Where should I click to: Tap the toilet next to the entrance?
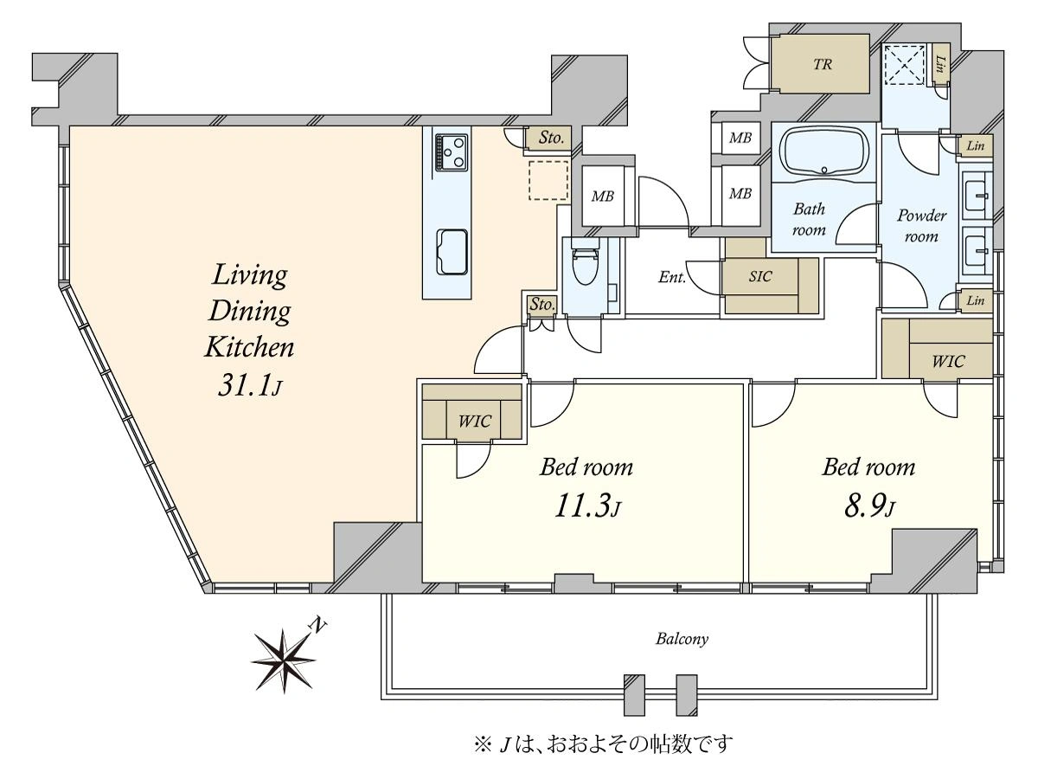(x=585, y=266)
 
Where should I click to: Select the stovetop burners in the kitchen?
(x=452, y=151)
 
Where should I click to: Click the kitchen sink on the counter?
(x=452, y=251)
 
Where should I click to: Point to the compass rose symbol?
(x=284, y=660)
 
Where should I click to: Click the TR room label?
(x=823, y=64)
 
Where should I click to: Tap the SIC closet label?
(x=760, y=276)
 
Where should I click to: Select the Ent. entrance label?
(x=672, y=277)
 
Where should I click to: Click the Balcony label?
(x=682, y=640)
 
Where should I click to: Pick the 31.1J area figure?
(x=249, y=385)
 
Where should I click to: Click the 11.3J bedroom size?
(x=586, y=506)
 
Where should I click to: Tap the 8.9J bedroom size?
(x=869, y=507)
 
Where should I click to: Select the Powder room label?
(x=922, y=226)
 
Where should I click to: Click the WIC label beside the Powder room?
(x=948, y=361)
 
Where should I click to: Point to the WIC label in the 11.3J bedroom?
(x=475, y=421)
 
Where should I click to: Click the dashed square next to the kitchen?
(x=548, y=180)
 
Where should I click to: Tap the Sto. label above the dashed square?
(x=551, y=138)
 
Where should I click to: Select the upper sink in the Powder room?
(x=977, y=194)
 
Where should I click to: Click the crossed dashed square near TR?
(x=906, y=65)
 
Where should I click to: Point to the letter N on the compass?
(x=318, y=625)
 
